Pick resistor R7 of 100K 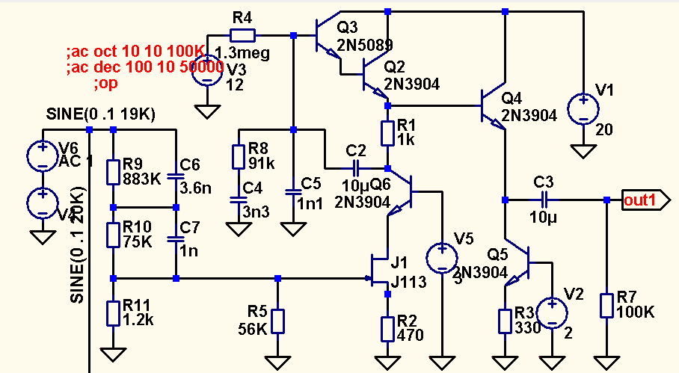point(607,305)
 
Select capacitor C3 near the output point(544,200)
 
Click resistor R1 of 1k point(387,133)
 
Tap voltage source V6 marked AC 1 point(42,155)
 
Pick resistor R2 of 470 point(387,327)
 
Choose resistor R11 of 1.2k point(113,312)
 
